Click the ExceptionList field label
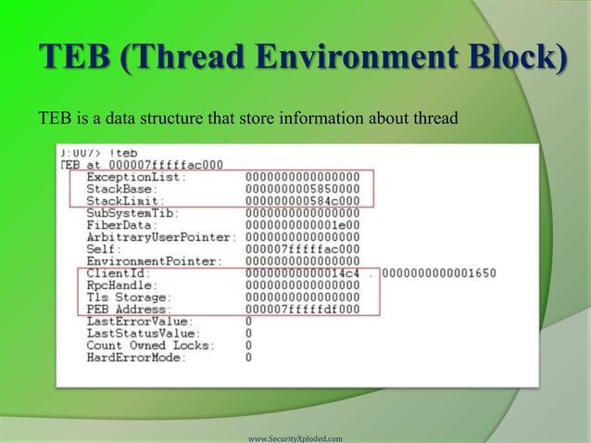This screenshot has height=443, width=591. (x=135, y=177)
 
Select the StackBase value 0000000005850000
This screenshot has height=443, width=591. (x=303, y=189)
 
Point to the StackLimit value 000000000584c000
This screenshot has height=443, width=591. (x=303, y=201)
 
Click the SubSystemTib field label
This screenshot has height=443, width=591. (x=135, y=212)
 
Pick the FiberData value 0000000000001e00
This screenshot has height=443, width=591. (x=303, y=224)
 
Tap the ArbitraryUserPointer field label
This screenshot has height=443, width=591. (x=162, y=236)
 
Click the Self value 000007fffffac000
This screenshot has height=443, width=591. (x=303, y=248)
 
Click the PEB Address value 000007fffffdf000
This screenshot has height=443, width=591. (x=303, y=310)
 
